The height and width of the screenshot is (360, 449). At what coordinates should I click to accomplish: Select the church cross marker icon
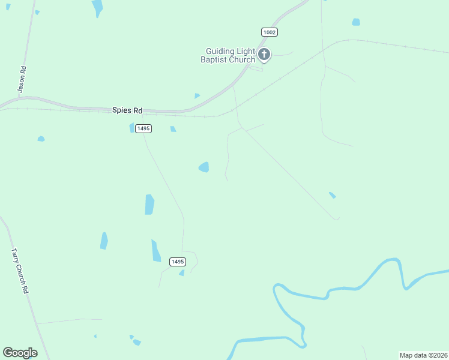pyautogui.click(x=264, y=55)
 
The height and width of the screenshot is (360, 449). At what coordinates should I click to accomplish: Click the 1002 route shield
pyautogui.click(x=270, y=32)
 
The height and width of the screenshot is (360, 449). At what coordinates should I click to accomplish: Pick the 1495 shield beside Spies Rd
pyautogui.click(x=143, y=128)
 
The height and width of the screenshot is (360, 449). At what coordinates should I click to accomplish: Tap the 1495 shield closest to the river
pyautogui.click(x=177, y=262)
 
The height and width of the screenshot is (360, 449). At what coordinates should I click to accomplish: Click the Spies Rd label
pyautogui.click(x=128, y=110)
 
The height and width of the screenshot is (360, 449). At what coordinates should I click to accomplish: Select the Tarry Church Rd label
pyautogui.click(x=20, y=271)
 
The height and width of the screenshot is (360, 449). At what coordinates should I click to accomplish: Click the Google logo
pyautogui.click(x=20, y=353)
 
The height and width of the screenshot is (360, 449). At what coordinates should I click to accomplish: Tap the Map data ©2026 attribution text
pyautogui.click(x=423, y=355)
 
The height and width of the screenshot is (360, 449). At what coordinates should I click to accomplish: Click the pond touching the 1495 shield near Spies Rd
pyautogui.click(x=132, y=128)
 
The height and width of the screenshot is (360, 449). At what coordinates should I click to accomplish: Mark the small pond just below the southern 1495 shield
pyautogui.click(x=182, y=273)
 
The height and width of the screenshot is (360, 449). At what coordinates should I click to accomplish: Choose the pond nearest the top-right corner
pyautogui.click(x=356, y=22)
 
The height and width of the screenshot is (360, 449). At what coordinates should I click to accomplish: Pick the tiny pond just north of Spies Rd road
pyautogui.click(x=197, y=95)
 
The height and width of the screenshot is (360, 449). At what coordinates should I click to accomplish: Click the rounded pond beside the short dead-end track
pyautogui.click(x=204, y=167)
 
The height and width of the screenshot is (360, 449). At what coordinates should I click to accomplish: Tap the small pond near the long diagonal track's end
pyautogui.click(x=332, y=195)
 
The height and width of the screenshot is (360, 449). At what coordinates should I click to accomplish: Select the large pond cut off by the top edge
pyautogui.click(x=97, y=8)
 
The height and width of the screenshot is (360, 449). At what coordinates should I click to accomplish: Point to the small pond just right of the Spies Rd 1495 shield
pyautogui.click(x=173, y=129)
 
